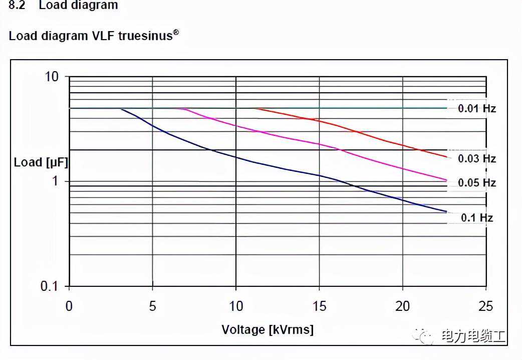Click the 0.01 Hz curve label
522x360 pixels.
[x=476, y=108]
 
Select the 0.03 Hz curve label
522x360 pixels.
[x=476, y=158]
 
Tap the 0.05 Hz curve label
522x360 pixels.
[x=476, y=183]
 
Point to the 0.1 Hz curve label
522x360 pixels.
[x=476, y=218]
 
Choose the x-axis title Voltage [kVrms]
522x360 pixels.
[x=268, y=329]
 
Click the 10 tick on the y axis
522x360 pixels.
[x=52, y=77]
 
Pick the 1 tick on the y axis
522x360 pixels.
[x=55, y=181]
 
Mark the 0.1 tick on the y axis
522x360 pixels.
[x=49, y=286]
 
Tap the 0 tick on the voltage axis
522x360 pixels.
[x=69, y=306]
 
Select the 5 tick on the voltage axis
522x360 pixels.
[x=152, y=306]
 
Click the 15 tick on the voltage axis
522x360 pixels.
[x=319, y=306]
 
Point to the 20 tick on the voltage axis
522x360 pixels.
[x=402, y=306]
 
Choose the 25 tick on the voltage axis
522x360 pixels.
[x=485, y=306]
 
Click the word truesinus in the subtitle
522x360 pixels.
[x=145, y=37]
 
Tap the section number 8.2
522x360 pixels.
[x=17, y=6]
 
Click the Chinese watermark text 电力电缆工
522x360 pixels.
[x=473, y=335]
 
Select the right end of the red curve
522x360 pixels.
[x=446, y=157]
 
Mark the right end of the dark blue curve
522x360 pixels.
[x=446, y=212]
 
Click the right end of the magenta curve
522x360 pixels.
[x=446, y=180]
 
